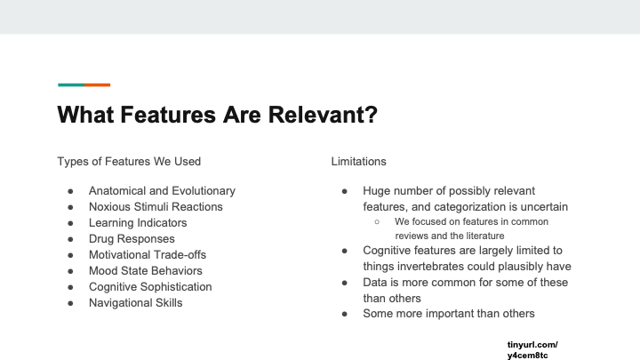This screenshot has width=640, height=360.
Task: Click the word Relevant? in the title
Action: [323, 115]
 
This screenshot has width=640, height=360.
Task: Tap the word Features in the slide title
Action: [168, 115]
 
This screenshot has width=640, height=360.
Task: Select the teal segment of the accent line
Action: [71, 85]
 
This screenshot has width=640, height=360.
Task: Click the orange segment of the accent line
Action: [98, 85]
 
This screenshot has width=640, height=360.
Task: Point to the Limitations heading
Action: [358, 162]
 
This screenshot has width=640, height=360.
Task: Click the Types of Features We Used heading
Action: [129, 162]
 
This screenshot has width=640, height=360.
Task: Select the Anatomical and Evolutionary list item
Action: [162, 191]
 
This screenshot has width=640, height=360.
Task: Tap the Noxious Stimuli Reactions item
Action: [156, 207]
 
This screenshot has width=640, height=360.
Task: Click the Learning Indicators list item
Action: [138, 223]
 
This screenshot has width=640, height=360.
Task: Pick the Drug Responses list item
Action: [132, 239]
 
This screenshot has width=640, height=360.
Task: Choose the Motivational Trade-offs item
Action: [148, 255]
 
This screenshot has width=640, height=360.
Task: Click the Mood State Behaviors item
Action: [145, 270]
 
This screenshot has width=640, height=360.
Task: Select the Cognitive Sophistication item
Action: [150, 287]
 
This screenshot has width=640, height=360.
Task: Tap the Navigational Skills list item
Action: [135, 303]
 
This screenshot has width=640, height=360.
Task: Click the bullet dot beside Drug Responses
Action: [70, 240]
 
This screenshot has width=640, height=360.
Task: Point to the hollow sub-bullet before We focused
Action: [377, 222]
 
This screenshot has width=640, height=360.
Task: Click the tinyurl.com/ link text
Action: [532, 345]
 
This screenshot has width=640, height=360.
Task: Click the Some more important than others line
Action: [449, 314]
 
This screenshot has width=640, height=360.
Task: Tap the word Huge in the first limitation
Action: [376, 191]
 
